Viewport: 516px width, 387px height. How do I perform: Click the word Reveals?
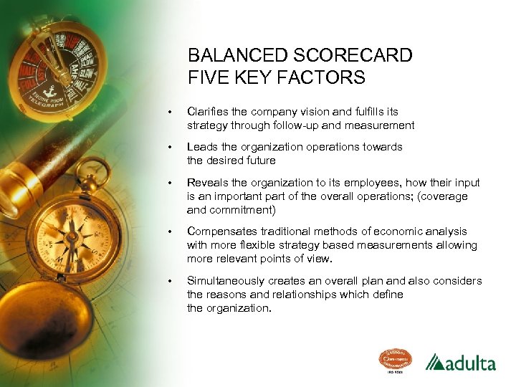click(207, 182)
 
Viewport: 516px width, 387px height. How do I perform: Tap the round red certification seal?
click(395, 360)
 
